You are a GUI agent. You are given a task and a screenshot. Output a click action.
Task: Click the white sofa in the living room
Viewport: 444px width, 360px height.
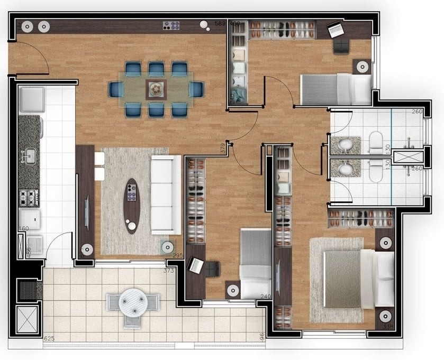[x=167, y=195]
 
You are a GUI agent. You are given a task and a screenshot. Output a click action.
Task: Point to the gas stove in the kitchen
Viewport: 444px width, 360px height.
[x=28, y=198]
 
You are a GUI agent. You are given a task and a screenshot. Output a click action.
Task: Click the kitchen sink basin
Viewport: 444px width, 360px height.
[x=30, y=156]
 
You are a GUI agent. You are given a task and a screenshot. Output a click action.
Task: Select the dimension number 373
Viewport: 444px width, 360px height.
[x=168, y=270]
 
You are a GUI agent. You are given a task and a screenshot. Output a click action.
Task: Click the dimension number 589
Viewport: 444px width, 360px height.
[x=220, y=23]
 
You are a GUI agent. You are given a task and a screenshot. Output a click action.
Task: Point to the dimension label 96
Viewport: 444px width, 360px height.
[x=261, y=335]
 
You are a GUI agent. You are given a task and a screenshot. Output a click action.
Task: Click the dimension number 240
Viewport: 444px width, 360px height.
[x=265, y=297]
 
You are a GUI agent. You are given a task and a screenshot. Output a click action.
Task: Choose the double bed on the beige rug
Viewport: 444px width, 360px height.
[x=349, y=279]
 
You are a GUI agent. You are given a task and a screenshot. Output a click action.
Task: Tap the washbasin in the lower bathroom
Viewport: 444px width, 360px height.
[x=346, y=169]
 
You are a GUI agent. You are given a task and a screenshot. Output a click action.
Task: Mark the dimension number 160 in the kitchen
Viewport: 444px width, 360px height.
[x=23, y=229]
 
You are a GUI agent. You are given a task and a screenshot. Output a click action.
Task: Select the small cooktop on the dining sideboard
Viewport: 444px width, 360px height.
[x=171, y=25]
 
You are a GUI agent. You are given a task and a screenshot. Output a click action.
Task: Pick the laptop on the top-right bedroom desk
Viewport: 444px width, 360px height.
[x=336, y=30]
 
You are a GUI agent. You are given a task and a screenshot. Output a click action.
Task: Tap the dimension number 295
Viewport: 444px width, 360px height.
[x=177, y=256]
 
